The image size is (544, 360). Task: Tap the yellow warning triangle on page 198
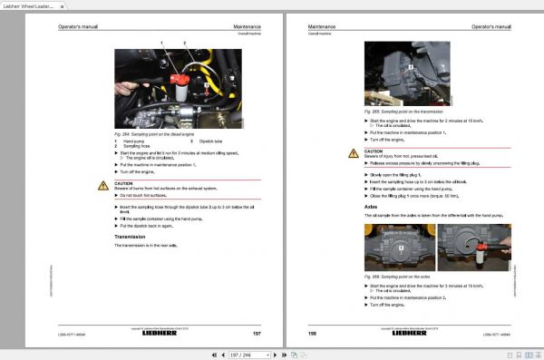(x=354, y=153)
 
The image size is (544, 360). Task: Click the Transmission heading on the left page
(x=130, y=237)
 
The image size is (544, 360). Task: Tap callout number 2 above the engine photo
(x=184, y=43)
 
